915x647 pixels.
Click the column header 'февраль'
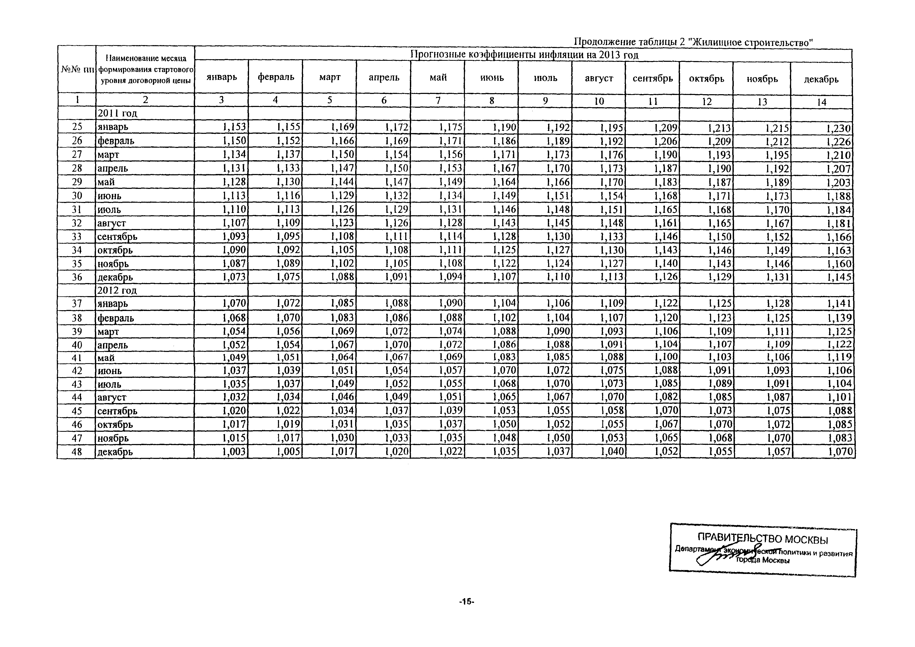pos(276,77)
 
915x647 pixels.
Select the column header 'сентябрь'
pos(652,78)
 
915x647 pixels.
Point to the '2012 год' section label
pos(117,290)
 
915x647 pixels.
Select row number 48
pos(77,452)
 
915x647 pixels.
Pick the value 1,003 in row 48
pos(234,452)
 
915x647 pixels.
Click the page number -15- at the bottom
pos(466,602)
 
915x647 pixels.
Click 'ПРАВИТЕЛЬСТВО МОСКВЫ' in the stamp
pos(762,540)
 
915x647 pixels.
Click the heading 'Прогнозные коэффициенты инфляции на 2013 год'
pos(524,55)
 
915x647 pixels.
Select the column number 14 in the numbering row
pos(821,102)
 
